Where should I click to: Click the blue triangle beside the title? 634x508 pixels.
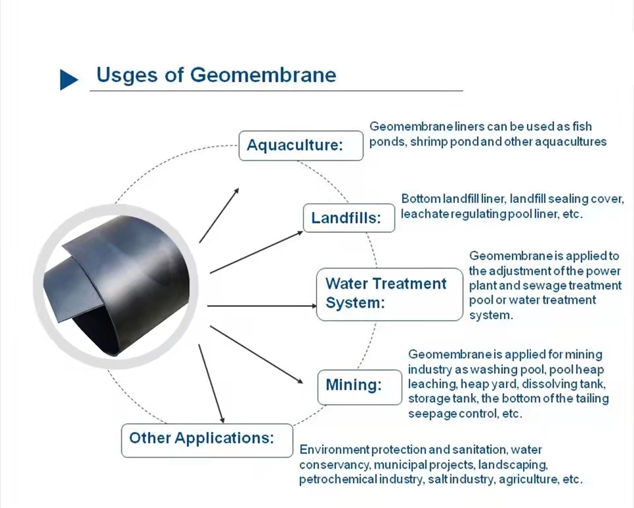(x=68, y=80)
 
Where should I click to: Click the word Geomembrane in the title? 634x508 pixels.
(x=263, y=75)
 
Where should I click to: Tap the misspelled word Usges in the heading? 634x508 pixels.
(x=127, y=75)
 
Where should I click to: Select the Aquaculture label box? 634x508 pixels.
(x=301, y=145)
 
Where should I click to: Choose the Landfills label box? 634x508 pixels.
(x=349, y=218)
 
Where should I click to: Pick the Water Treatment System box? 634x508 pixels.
(x=390, y=294)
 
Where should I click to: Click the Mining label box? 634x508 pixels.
(x=359, y=387)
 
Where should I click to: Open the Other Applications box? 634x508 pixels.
(x=207, y=441)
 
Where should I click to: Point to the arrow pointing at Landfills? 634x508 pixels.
(x=256, y=252)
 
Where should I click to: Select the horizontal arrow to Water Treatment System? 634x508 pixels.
(x=262, y=306)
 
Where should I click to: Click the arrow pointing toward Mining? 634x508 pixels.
(x=256, y=354)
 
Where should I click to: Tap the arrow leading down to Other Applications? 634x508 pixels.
(x=211, y=384)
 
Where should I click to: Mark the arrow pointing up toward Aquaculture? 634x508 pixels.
(x=219, y=215)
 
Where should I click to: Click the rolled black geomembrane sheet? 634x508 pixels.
(x=116, y=285)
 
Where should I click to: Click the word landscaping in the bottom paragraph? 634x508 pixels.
(x=512, y=465)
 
